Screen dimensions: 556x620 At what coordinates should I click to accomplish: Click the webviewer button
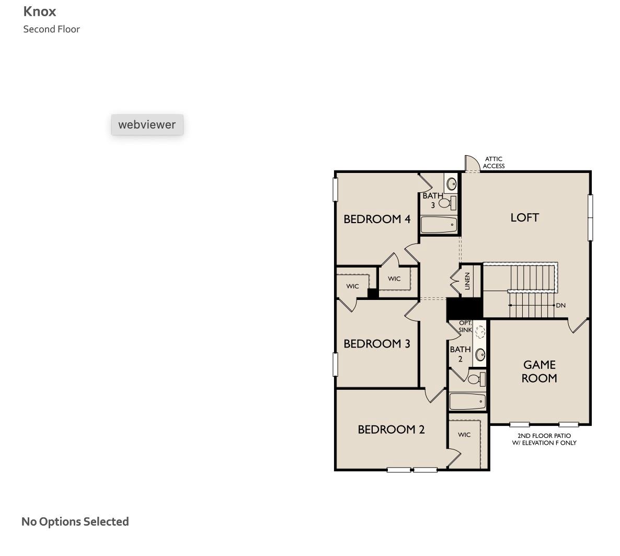(x=147, y=125)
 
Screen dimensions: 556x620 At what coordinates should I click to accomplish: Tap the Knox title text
(x=40, y=11)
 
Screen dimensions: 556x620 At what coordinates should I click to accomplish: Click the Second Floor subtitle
(x=51, y=29)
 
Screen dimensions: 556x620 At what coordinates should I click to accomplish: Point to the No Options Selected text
(x=75, y=522)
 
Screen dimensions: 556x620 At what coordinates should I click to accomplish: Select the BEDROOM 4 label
(x=376, y=219)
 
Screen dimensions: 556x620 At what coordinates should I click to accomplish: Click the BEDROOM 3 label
(x=376, y=344)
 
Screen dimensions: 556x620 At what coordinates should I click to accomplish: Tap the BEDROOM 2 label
(x=391, y=430)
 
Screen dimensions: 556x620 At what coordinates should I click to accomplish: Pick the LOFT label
(x=524, y=217)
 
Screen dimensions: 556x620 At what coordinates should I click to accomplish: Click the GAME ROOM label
(x=539, y=372)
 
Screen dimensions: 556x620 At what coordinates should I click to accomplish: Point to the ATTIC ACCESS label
(x=493, y=163)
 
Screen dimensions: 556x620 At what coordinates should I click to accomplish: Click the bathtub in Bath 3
(x=439, y=225)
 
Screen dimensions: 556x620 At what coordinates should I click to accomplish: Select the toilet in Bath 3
(x=446, y=203)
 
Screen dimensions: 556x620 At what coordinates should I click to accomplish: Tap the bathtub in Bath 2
(x=467, y=401)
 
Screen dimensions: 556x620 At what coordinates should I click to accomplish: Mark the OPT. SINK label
(x=465, y=327)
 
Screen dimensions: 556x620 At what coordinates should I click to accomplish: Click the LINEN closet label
(x=467, y=281)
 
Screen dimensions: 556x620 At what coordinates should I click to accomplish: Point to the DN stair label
(x=560, y=305)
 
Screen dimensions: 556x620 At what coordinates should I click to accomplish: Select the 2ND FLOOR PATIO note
(x=544, y=439)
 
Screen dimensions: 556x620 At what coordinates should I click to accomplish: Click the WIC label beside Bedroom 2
(x=464, y=435)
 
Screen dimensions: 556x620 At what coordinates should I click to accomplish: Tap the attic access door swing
(x=472, y=163)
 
